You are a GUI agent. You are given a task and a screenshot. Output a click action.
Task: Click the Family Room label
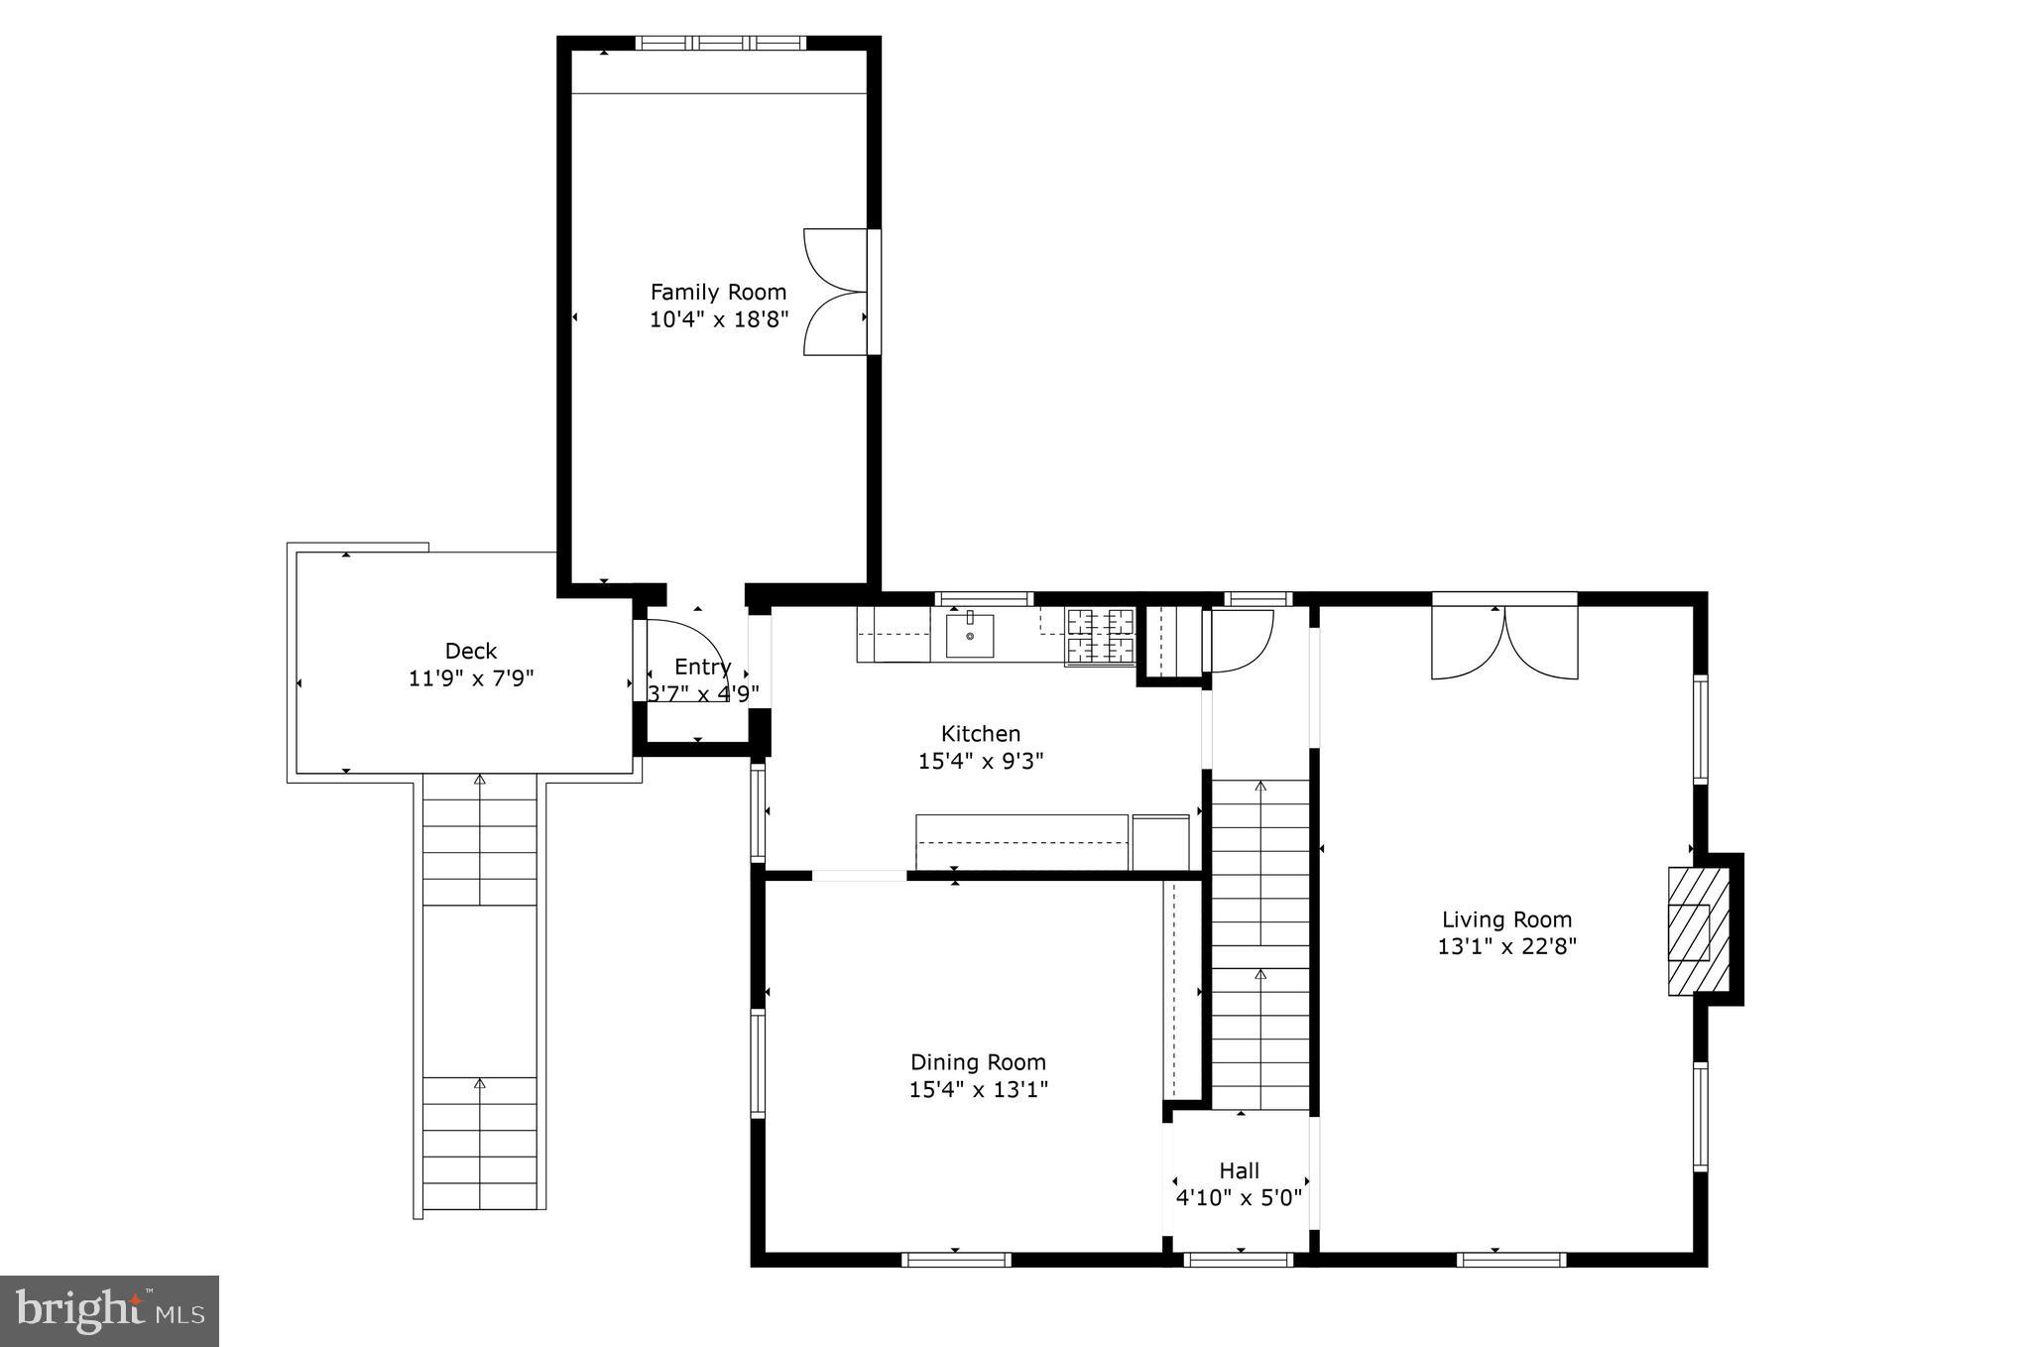click(718, 292)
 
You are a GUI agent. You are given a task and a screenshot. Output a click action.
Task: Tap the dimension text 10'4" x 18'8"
click(718, 319)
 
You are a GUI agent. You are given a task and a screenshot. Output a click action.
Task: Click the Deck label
click(471, 651)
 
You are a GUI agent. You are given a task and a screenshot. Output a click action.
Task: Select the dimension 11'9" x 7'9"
click(471, 678)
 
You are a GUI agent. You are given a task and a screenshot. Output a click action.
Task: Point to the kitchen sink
click(969, 636)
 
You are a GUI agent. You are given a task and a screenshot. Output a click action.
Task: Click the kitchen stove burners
click(1100, 636)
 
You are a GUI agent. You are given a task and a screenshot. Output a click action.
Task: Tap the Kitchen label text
click(980, 734)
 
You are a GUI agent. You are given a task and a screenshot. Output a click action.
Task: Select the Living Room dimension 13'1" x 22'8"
click(1506, 946)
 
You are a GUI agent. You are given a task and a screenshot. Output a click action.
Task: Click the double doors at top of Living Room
click(1504, 642)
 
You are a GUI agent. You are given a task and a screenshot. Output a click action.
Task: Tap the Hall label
click(1240, 1170)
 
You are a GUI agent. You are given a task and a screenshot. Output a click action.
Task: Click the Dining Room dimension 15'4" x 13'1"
click(978, 1090)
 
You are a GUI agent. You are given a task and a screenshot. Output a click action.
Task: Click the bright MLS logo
click(109, 1311)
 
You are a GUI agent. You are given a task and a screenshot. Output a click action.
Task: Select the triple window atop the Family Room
click(721, 43)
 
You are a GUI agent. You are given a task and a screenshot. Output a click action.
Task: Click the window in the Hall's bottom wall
click(1239, 1260)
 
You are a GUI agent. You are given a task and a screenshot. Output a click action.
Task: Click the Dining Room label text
click(978, 1062)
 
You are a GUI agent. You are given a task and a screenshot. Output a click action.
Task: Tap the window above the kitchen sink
click(984, 598)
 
